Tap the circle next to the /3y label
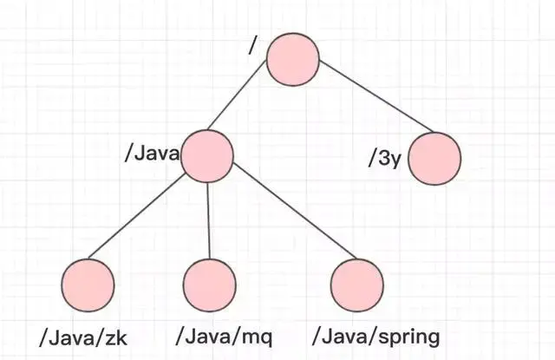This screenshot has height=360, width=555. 434,159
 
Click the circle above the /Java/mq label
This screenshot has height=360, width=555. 210,284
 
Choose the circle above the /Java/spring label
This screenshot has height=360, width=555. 358,284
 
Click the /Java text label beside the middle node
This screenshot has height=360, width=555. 153,154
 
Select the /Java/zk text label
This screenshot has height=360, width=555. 83,336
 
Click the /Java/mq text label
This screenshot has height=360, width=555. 219,336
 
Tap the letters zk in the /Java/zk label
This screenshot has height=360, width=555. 116,336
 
